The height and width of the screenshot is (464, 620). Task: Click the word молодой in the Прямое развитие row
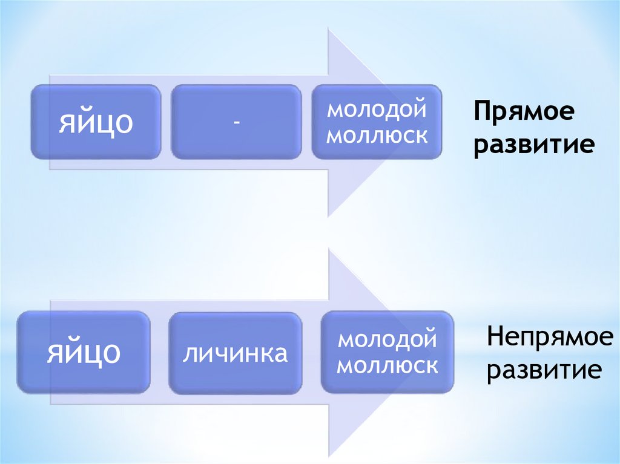point(377,110)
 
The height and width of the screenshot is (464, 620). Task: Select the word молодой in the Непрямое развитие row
point(387,338)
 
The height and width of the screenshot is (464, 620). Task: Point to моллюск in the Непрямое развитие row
point(387,365)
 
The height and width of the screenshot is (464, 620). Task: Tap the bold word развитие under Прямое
point(533,145)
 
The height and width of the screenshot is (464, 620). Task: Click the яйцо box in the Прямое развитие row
point(96,122)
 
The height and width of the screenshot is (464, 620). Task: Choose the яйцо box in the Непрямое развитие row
point(84,353)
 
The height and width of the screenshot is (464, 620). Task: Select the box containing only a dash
point(236,122)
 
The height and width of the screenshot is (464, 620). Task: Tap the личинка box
point(235,353)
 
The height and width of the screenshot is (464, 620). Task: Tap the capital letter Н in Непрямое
point(495,337)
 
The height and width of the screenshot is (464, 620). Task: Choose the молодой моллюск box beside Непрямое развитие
point(387,352)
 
